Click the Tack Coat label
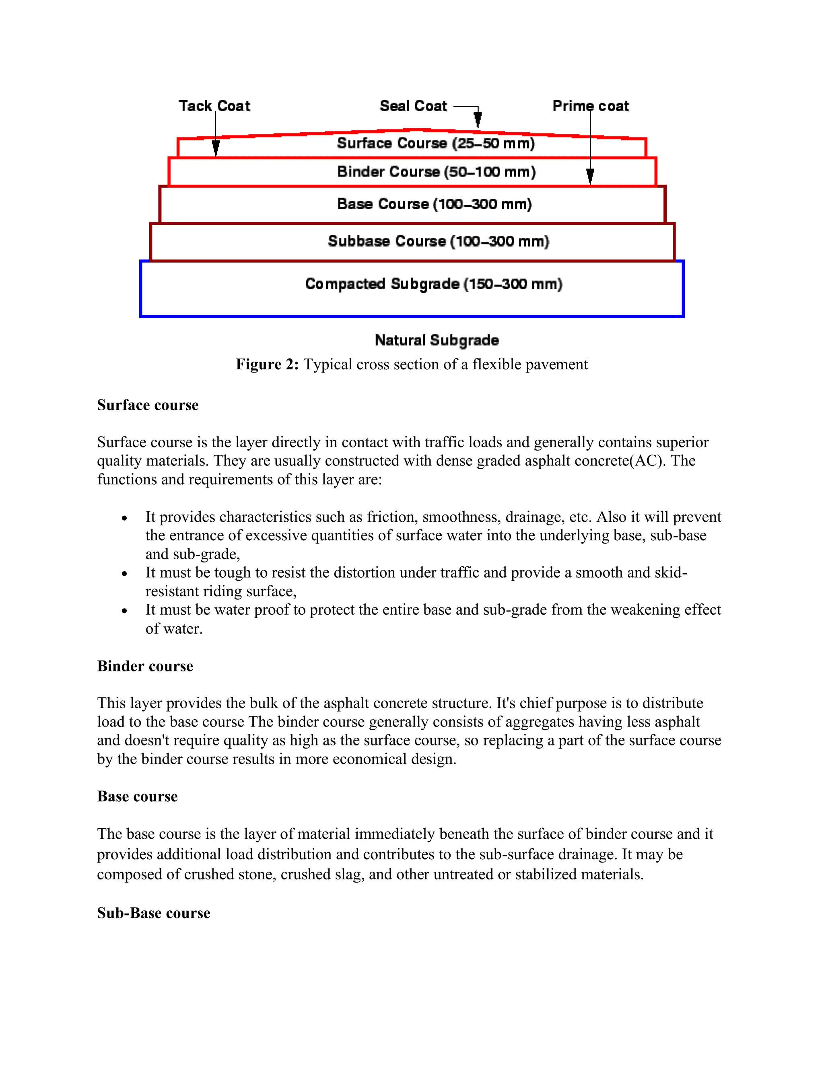click(x=214, y=106)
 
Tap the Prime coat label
click(x=591, y=106)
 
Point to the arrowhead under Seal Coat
click(x=478, y=119)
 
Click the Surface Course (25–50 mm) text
click(x=436, y=144)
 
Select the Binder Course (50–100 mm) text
click(x=437, y=172)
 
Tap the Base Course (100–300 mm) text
click(x=435, y=204)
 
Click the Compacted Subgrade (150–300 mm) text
click(x=433, y=284)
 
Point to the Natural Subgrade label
click(x=437, y=340)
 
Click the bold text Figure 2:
click(x=267, y=364)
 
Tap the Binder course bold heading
click(x=145, y=666)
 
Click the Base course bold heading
click(x=137, y=796)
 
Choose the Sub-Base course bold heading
click(x=153, y=913)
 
